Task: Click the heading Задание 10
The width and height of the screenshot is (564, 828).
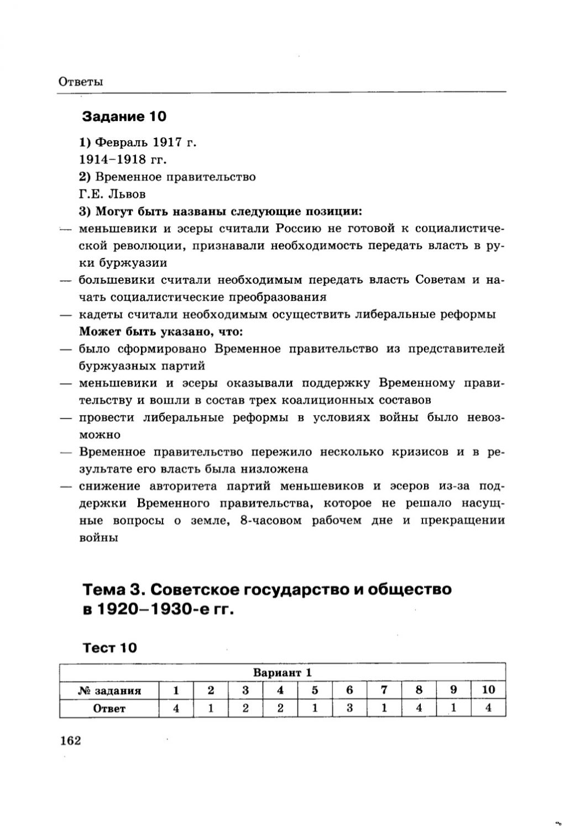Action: click(124, 117)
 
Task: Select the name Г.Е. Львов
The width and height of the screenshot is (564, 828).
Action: click(112, 194)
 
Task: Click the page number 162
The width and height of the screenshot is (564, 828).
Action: click(70, 740)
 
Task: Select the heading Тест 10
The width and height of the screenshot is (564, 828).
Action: click(109, 647)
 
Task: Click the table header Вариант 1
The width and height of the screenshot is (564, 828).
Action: click(283, 672)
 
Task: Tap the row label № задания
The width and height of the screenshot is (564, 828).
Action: click(109, 690)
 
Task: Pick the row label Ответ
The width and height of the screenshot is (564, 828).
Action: click(109, 708)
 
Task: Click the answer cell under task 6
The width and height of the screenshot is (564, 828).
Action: click(349, 708)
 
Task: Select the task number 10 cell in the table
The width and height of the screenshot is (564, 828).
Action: click(488, 690)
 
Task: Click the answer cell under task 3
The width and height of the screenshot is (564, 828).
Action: click(245, 708)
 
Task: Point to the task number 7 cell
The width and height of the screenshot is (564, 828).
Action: click(384, 690)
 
